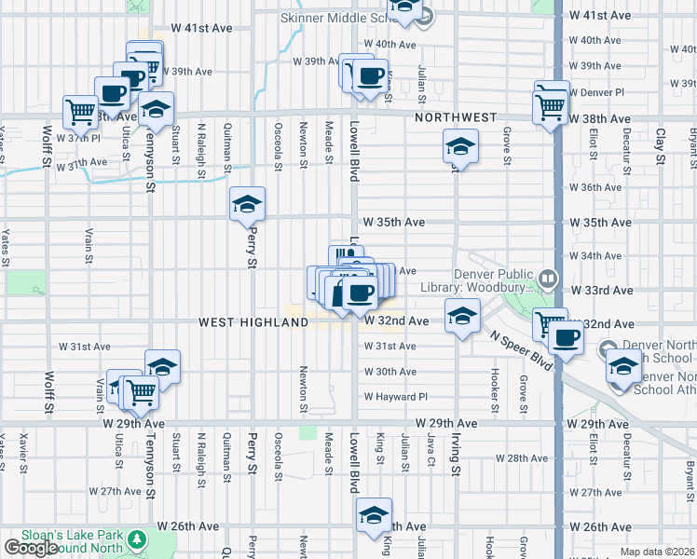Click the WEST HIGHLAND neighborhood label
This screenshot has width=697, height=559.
click(253, 321)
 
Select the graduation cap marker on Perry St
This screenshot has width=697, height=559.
click(248, 204)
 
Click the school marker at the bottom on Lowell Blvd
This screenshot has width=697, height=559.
click(374, 514)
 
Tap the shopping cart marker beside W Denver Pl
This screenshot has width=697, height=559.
click(551, 104)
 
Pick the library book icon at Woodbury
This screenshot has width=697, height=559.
click(548, 278)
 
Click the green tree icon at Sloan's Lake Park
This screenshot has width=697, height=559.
click(138, 539)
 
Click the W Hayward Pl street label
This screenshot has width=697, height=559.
click(395, 396)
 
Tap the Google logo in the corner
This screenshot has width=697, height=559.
click(30, 549)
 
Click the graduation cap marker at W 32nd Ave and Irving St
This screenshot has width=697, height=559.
click(461, 317)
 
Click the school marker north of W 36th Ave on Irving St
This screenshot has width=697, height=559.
click(459, 146)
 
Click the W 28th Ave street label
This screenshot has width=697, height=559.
click(521, 458)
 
